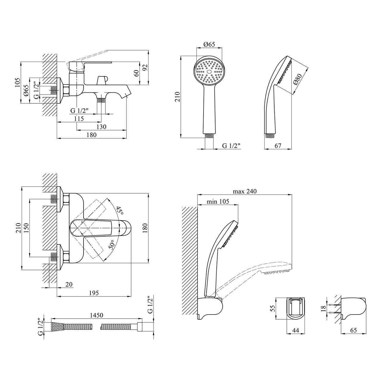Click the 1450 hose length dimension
97,315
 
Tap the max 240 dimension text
245,191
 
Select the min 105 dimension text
218,201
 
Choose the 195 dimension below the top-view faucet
94,293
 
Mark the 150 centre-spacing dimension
26,228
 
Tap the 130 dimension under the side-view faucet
101,127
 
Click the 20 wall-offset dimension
69,285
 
